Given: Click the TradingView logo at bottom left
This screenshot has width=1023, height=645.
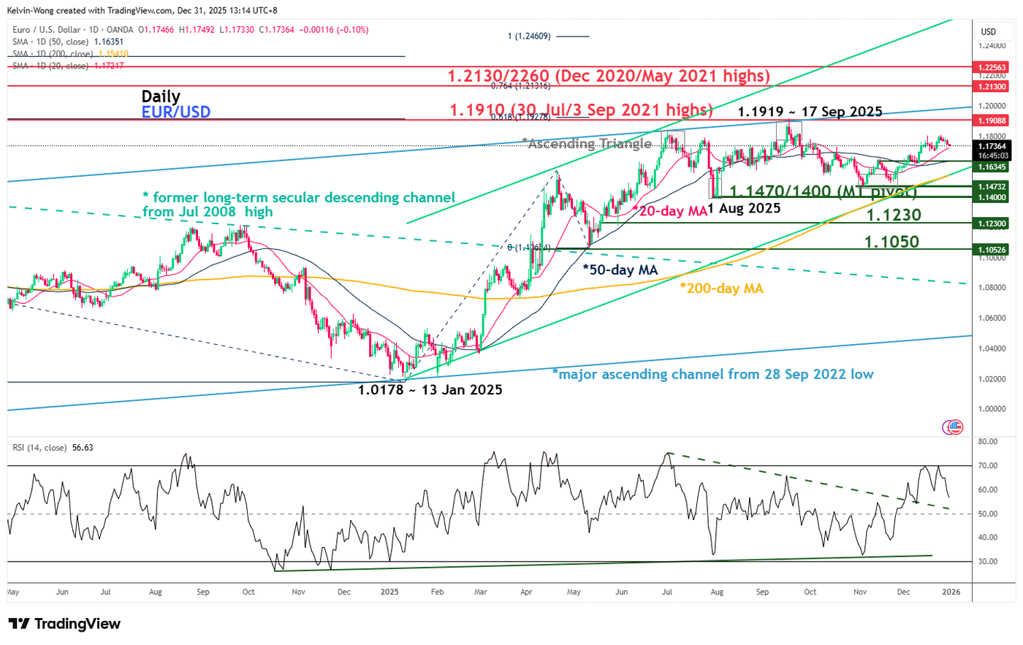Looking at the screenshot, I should (64, 624).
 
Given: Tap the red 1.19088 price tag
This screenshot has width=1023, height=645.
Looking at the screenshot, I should (992, 121).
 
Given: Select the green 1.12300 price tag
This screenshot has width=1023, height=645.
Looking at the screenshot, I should (992, 224).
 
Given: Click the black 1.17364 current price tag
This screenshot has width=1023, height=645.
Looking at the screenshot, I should (992, 147).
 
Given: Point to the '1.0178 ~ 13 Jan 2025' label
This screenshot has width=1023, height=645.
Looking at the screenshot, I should (430, 390).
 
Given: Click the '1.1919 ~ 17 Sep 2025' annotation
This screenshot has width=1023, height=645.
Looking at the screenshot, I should (810, 112).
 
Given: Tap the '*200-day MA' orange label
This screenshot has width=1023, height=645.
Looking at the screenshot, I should (721, 289).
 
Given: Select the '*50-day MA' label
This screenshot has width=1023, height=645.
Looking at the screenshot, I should (620, 270).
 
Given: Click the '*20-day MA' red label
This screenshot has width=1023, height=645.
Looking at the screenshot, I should (670, 211).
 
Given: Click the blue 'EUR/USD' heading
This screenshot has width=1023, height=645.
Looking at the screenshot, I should (176, 112).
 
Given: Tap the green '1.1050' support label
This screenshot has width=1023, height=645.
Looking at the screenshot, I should (891, 242).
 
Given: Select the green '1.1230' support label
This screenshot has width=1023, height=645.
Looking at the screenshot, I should (893, 215).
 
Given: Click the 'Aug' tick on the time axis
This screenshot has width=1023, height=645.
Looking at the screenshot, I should (155, 592).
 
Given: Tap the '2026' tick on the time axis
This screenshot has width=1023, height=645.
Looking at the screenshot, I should (950, 592).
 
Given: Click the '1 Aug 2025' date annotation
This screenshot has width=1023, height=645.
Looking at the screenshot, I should (744, 208).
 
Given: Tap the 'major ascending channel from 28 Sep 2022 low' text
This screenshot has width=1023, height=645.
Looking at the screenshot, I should (712, 375).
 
